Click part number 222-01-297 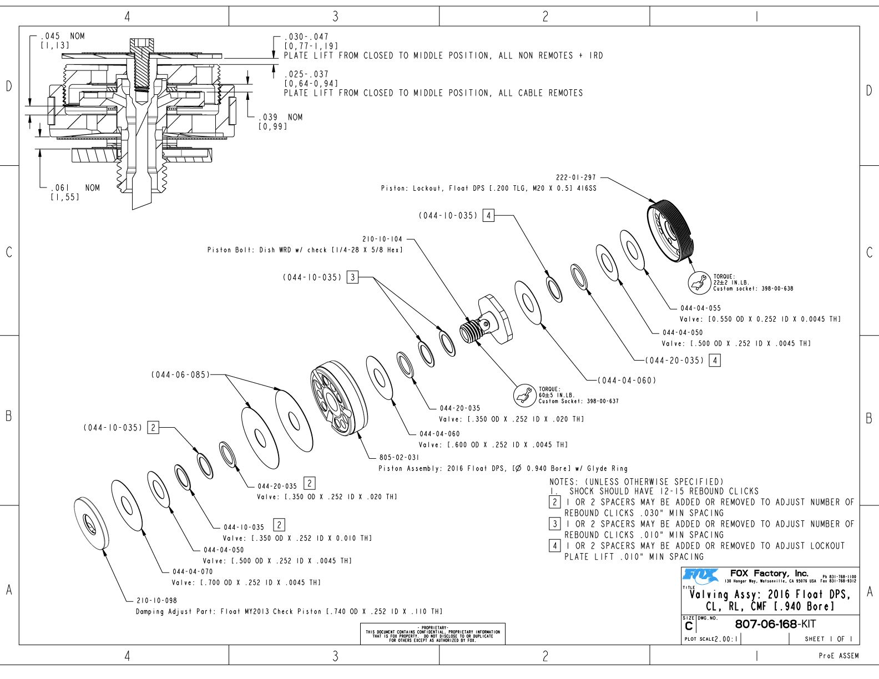[x=575, y=178]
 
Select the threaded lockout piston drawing [x=669, y=229]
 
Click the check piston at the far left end [x=90, y=523]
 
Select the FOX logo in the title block [x=700, y=576]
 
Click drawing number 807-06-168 [x=765, y=624]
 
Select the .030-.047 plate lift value [x=306, y=37]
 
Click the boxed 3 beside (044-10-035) [x=352, y=277]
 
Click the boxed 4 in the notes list [x=554, y=545]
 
